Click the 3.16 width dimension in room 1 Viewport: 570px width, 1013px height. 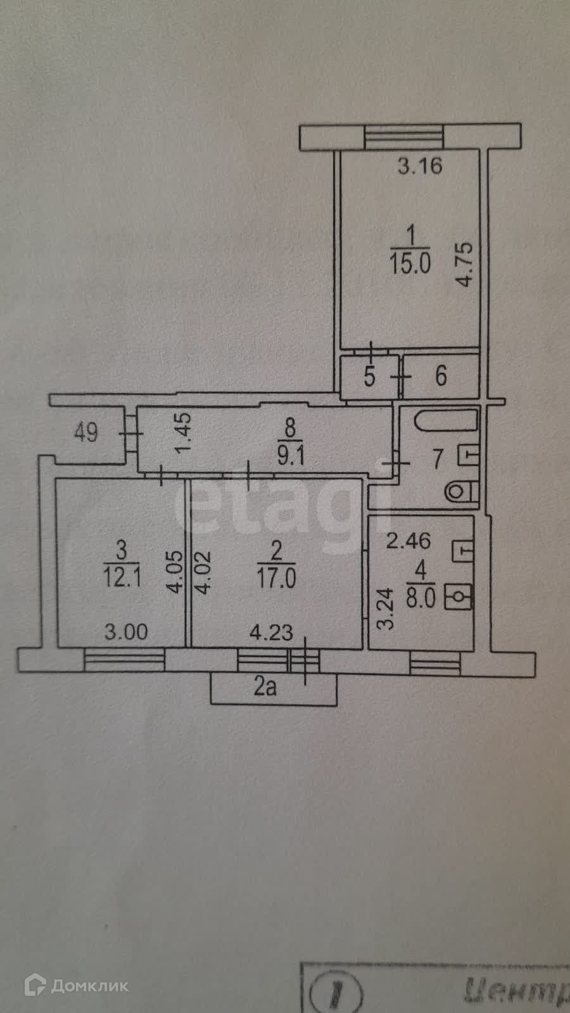(x=419, y=167)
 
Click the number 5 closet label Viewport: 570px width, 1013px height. (x=369, y=376)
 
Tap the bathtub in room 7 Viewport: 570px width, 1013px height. (x=446, y=420)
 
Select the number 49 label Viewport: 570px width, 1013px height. (x=86, y=433)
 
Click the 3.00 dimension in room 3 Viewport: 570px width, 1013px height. (x=126, y=632)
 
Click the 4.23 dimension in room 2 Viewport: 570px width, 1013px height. (x=271, y=632)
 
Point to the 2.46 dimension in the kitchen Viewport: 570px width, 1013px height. (x=409, y=541)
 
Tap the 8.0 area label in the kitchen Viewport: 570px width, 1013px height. (x=421, y=598)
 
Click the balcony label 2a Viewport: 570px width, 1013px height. (x=265, y=687)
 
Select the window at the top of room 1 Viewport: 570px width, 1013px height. (x=404, y=137)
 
